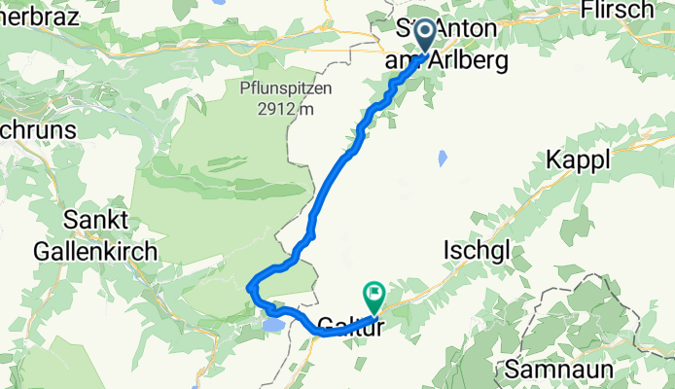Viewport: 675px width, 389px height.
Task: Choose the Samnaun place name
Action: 551,370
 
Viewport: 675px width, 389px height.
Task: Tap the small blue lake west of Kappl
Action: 444,158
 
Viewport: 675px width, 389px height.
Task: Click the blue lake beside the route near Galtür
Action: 273,323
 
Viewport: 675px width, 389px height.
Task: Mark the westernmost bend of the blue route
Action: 250,286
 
